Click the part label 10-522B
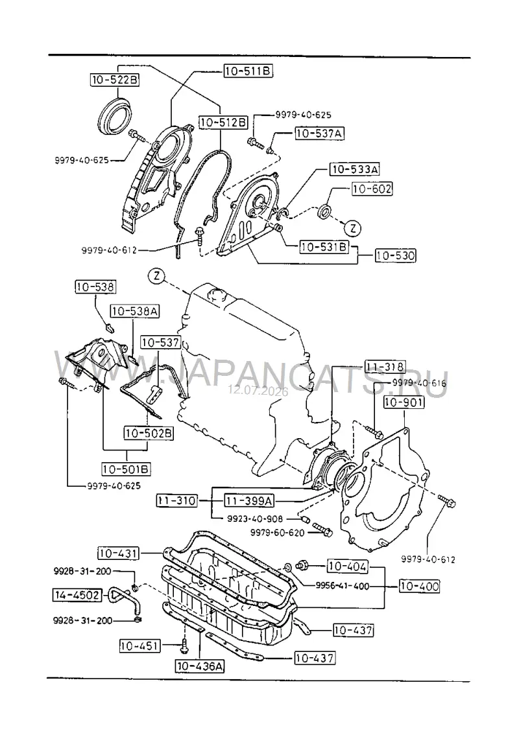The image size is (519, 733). tap(115, 80)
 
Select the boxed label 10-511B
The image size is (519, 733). tap(248, 71)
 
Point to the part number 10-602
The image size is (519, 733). tap(372, 189)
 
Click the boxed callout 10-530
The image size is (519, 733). tap(395, 255)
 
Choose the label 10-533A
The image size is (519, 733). tap(355, 169)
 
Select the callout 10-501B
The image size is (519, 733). tap(127, 469)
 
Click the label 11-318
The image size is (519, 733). tap(385, 367)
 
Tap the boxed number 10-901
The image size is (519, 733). tap(404, 402)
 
